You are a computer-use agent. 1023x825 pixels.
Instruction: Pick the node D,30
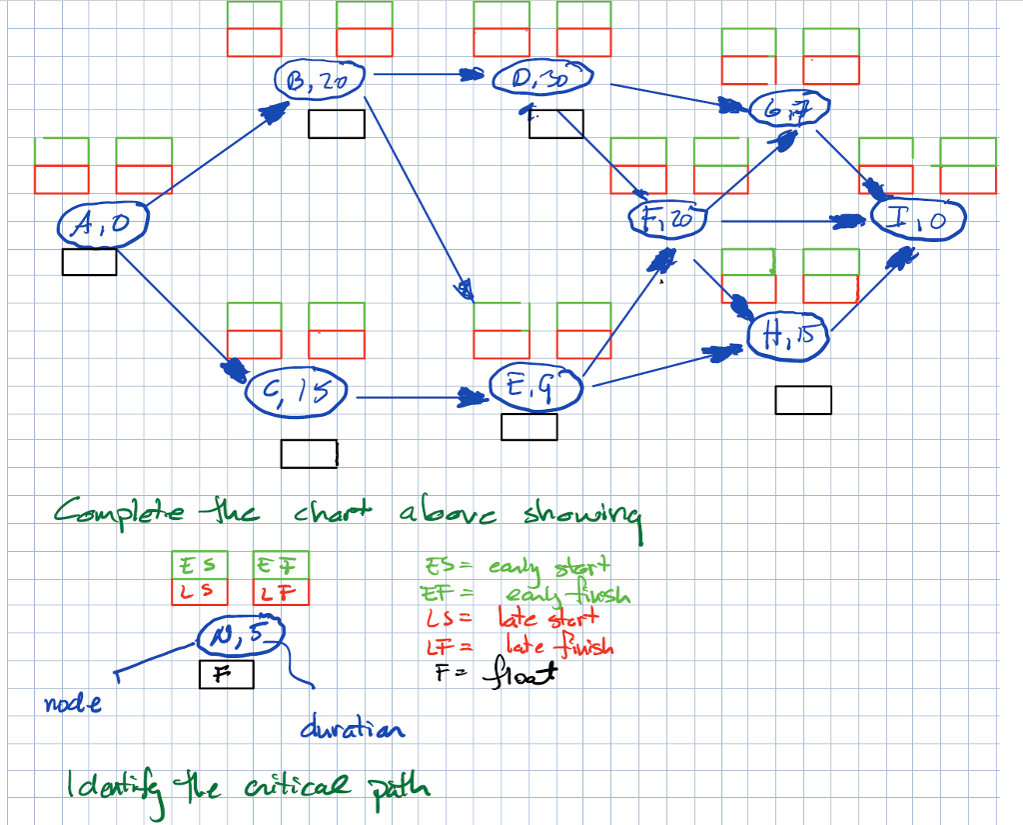tap(543, 77)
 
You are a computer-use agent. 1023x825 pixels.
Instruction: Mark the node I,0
tap(919, 218)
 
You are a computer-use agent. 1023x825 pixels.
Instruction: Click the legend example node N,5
tap(241, 632)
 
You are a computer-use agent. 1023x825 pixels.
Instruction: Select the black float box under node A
tap(89, 262)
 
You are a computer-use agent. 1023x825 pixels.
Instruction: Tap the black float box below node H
tap(802, 400)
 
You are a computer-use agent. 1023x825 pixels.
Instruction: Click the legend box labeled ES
tap(199, 564)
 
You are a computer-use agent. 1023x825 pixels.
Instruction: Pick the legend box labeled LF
tap(282, 592)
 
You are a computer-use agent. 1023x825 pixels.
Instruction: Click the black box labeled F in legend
tap(226, 675)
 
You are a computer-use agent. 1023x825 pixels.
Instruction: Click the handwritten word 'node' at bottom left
tap(72, 704)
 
